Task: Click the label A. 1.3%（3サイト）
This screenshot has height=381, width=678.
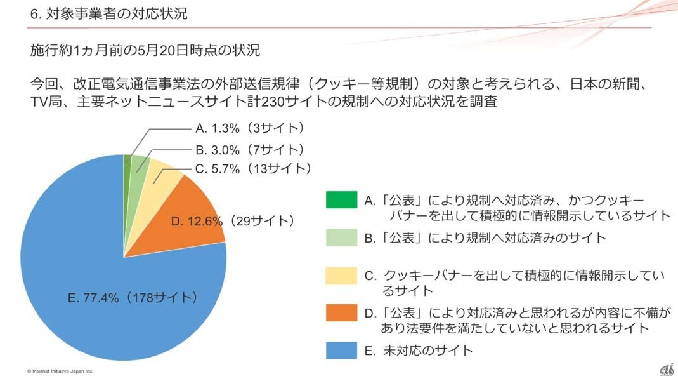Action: pos(250,128)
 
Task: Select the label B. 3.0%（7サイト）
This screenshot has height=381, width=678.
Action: pos(250,150)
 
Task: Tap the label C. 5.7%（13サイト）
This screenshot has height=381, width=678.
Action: pos(253,169)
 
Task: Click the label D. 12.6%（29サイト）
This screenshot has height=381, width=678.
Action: pos(233,221)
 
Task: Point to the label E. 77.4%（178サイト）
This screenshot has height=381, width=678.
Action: pos(133,297)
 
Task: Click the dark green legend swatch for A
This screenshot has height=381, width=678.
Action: pos(341,200)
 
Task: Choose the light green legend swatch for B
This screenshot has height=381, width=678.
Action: pos(341,237)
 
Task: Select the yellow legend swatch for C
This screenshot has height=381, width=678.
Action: pos(341,276)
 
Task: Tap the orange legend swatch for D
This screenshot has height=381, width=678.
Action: pos(341,313)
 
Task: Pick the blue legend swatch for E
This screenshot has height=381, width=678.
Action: pos(341,350)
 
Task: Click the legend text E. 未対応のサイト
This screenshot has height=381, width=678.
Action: pos(419,350)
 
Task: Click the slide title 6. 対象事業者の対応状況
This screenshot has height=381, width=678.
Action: pos(108,13)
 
